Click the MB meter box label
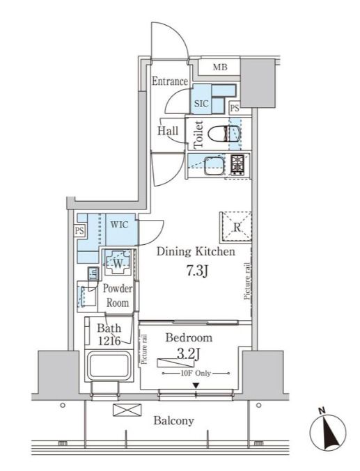coord(220,67)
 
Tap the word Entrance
coord(170,81)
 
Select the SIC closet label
coord(201,104)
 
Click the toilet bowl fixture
coord(224,134)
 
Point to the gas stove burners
coord(237,164)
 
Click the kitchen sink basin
coord(214,166)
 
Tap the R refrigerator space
coord(236,227)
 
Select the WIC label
coord(119,225)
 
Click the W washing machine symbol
coord(118,262)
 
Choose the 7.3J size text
coord(198,271)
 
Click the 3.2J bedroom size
coord(188,354)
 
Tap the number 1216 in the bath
coord(109,341)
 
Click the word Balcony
coord(173,421)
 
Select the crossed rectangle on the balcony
coord(127,410)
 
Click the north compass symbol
coord(328,431)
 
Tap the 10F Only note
coord(196,374)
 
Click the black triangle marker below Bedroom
coord(196,385)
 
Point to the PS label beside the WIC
coord(79,231)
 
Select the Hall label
coord(168,131)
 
